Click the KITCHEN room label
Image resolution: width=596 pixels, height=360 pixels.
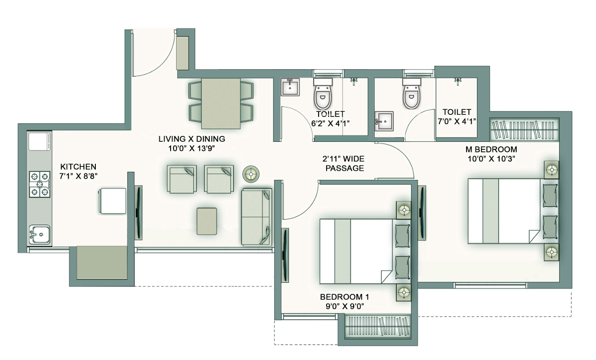pos(78,166)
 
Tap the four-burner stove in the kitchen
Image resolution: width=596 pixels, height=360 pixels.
pos(40,184)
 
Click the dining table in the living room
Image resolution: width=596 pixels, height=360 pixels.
pos(221,104)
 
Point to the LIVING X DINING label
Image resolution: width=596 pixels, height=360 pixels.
pos(192,139)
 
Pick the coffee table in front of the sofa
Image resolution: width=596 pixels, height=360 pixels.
pos(207,221)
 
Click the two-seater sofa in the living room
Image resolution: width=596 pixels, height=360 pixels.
pos(256,217)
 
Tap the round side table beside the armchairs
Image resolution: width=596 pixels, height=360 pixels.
pos(251,174)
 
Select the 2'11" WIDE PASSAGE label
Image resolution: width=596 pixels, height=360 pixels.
pos(344,163)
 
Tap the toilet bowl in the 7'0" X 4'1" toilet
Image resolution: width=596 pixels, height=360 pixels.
pos(412,93)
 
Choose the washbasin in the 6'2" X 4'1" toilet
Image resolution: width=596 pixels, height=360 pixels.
pos(290,87)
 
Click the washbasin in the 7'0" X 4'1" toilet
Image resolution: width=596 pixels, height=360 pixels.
pos(384,121)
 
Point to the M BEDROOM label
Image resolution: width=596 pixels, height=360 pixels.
pos(491,149)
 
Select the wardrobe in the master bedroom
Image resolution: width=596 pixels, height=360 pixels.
pos(524,129)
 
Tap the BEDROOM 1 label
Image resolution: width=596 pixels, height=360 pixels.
pos(344,297)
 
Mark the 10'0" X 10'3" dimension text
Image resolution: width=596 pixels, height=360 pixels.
pos(491,159)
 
